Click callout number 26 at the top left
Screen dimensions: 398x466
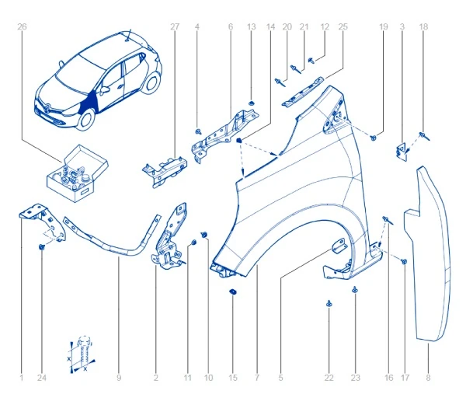pos(21,26)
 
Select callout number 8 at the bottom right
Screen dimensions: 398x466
pos(428,378)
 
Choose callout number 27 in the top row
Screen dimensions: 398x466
pos(175,26)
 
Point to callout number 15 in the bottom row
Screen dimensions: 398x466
pos(232,378)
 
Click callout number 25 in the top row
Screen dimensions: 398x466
pos(343,26)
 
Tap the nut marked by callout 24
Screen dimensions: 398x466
pos(42,247)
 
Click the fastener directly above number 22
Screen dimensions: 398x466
pos(329,304)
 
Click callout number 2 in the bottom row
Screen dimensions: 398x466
pos(155,378)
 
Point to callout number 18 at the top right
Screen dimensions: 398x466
pos(423,26)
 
